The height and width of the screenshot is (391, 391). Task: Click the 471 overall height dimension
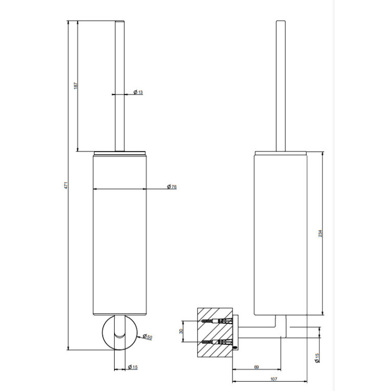click(66, 185)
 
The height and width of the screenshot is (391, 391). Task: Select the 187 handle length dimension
click(76, 86)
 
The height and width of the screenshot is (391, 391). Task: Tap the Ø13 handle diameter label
click(138, 92)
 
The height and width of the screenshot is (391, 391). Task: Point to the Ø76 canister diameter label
click(172, 186)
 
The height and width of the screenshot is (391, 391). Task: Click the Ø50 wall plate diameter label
click(147, 337)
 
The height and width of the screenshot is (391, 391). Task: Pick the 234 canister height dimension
click(320, 234)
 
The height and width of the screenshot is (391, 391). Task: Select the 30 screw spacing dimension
click(181, 331)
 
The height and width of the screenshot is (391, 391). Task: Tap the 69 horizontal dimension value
click(256, 367)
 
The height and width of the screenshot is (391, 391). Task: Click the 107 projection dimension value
click(274, 379)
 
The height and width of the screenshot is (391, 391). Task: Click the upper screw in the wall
click(217, 321)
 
